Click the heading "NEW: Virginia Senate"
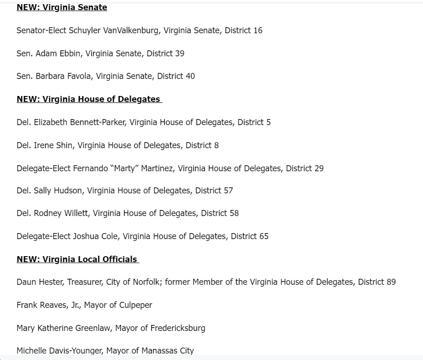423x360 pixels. [62, 7]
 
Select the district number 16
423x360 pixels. [257, 30]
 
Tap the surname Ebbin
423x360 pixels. [70, 54]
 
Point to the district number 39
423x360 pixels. [179, 54]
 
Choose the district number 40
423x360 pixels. [190, 76]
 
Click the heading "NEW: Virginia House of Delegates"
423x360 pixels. [89, 99]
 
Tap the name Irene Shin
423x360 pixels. [53, 145]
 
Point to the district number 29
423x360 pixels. [319, 168]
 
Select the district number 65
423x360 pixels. [263, 236]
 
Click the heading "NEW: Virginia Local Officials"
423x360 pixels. [77, 259]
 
